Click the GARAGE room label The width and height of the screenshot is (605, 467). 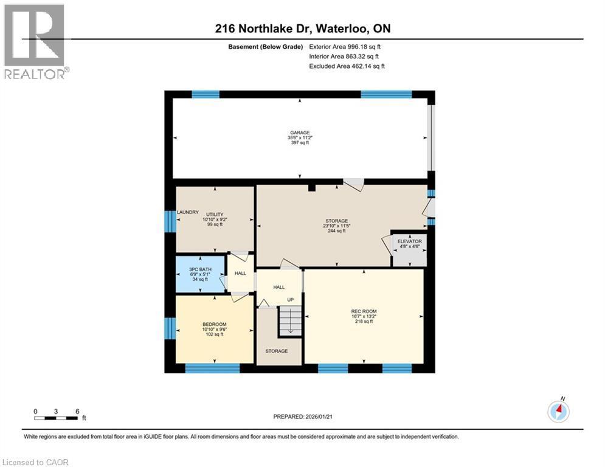(x=299, y=133)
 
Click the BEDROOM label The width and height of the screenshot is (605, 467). (x=214, y=324)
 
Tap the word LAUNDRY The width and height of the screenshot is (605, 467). (x=188, y=212)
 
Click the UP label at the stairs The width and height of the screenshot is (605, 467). (x=290, y=300)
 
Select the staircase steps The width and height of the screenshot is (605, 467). (x=290, y=320)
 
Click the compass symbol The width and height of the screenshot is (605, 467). (x=558, y=412)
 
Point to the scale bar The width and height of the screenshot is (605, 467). (x=56, y=418)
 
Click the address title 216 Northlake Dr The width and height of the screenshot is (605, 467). (x=302, y=29)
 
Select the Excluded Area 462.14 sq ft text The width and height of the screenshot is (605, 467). (x=347, y=66)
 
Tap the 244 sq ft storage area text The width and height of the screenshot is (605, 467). (x=336, y=231)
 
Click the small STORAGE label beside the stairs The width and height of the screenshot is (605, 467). (x=276, y=351)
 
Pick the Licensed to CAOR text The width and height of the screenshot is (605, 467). (x=36, y=462)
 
